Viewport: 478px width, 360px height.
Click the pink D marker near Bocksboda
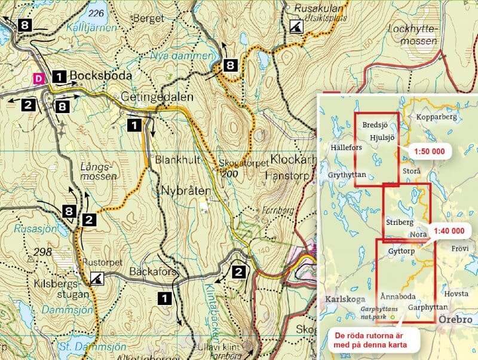[x=39, y=78]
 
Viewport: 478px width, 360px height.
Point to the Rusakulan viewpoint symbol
[x=295, y=26]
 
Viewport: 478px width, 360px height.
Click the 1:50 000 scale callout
[x=428, y=151]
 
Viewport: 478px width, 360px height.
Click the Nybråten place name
[x=186, y=191]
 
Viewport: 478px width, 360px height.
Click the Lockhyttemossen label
[x=412, y=34]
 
